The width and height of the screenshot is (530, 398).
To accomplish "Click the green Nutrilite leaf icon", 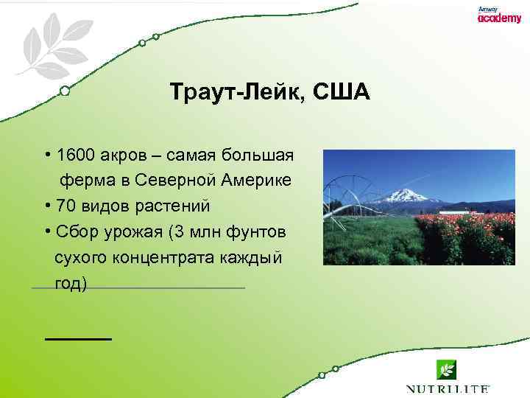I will tap(445, 369).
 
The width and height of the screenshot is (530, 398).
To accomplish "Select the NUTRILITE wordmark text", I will tap(447, 388).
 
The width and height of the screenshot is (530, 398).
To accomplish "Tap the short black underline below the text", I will tap(78, 338).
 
